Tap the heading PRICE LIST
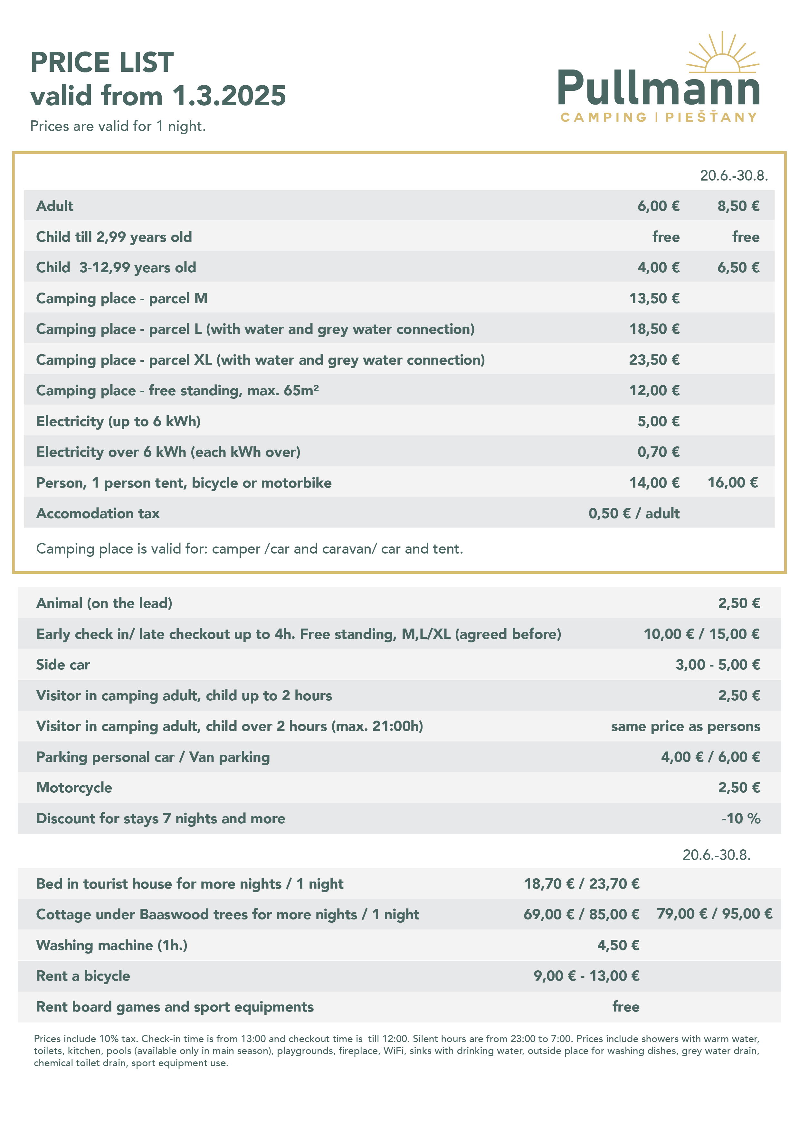click(x=102, y=62)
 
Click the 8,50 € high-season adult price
click(x=738, y=206)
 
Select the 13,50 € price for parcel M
click(x=654, y=298)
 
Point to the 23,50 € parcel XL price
click(x=654, y=360)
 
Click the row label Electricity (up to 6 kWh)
click(x=118, y=421)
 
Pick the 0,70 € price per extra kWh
click(x=658, y=452)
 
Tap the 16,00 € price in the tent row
click(x=733, y=482)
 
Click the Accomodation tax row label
click(x=98, y=513)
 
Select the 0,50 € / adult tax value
click(x=634, y=513)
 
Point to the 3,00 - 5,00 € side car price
click(x=717, y=665)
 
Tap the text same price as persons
click(x=685, y=726)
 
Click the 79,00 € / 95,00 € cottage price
click(x=714, y=914)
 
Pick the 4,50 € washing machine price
click(x=618, y=945)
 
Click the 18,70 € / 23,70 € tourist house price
click(x=582, y=884)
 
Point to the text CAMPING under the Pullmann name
click(x=603, y=117)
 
